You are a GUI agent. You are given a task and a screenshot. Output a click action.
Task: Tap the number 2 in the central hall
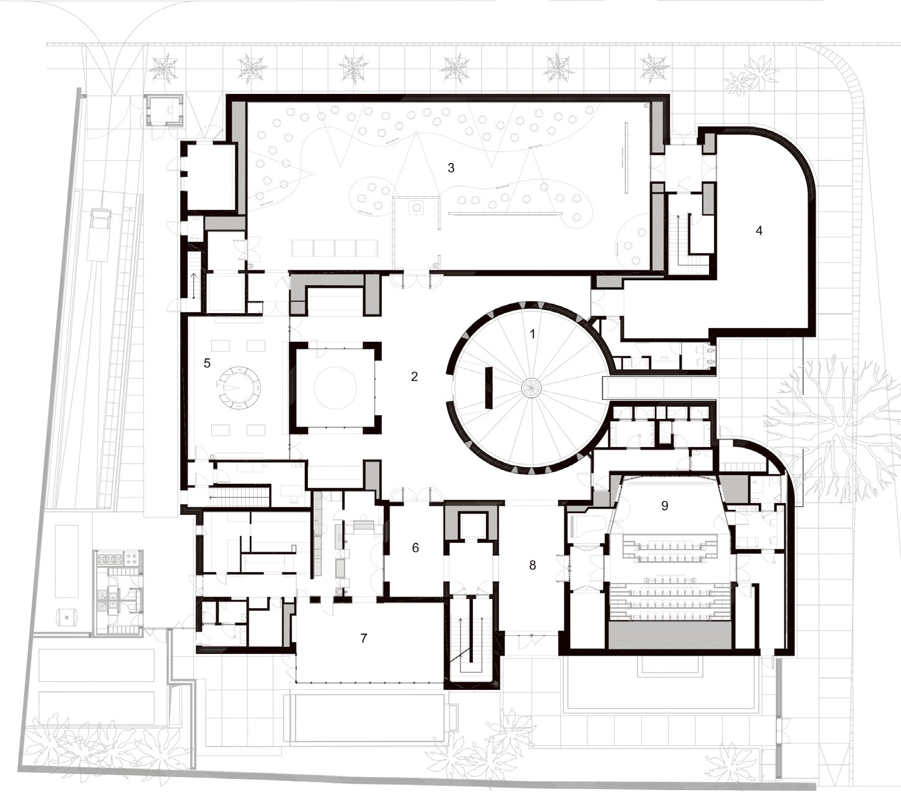[x=414, y=377]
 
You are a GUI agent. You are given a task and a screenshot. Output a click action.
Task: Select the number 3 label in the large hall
[x=451, y=167]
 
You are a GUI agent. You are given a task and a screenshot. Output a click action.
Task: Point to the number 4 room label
[x=759, y=231]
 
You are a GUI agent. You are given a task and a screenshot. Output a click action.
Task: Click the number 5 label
[x=207, y=363]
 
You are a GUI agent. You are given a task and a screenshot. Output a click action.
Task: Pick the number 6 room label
[x=416, y=548]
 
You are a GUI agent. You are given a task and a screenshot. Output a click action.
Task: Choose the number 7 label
[x=364, y=638]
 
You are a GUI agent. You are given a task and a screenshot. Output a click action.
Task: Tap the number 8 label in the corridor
[x=532, y=565]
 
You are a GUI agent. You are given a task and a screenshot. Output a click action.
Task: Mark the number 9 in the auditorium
[x=664, y=506]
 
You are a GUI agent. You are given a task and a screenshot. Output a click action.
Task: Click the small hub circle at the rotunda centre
[x=532, y=388]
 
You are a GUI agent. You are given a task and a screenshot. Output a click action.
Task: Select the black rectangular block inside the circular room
[x=489, y=388]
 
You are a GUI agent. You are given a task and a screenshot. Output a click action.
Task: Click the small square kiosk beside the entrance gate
[x=164, y=111]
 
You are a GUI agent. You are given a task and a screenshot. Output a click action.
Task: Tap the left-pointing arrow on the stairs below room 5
[x=220, y=497]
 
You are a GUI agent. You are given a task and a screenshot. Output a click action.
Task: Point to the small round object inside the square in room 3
[x=417, y=206]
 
